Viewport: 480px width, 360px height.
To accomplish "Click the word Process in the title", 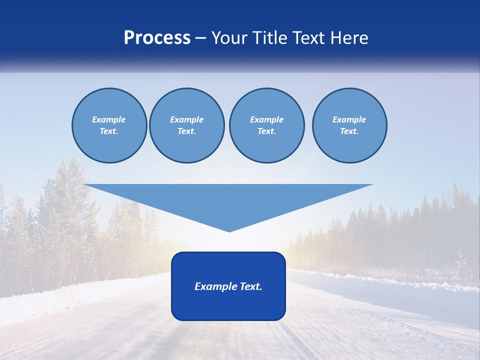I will click(157, 38).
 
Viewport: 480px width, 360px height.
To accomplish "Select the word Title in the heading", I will click(272, 38).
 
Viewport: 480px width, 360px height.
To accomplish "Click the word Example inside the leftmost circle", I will click(109, 119).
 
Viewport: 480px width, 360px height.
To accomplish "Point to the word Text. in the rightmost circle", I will click(349, 131).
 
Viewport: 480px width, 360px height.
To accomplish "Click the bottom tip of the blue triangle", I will click(229, 230).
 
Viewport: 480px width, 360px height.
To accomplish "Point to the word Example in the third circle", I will click(266, 119).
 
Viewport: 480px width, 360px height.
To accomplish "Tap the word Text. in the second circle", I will click(187, 131).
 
